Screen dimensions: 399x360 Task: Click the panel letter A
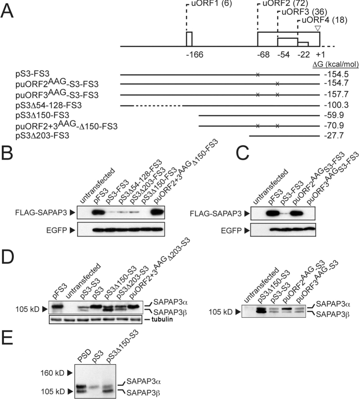point(8,10)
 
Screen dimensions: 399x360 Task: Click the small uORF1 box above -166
point(189,39)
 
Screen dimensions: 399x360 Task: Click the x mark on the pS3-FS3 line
point(257,75)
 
